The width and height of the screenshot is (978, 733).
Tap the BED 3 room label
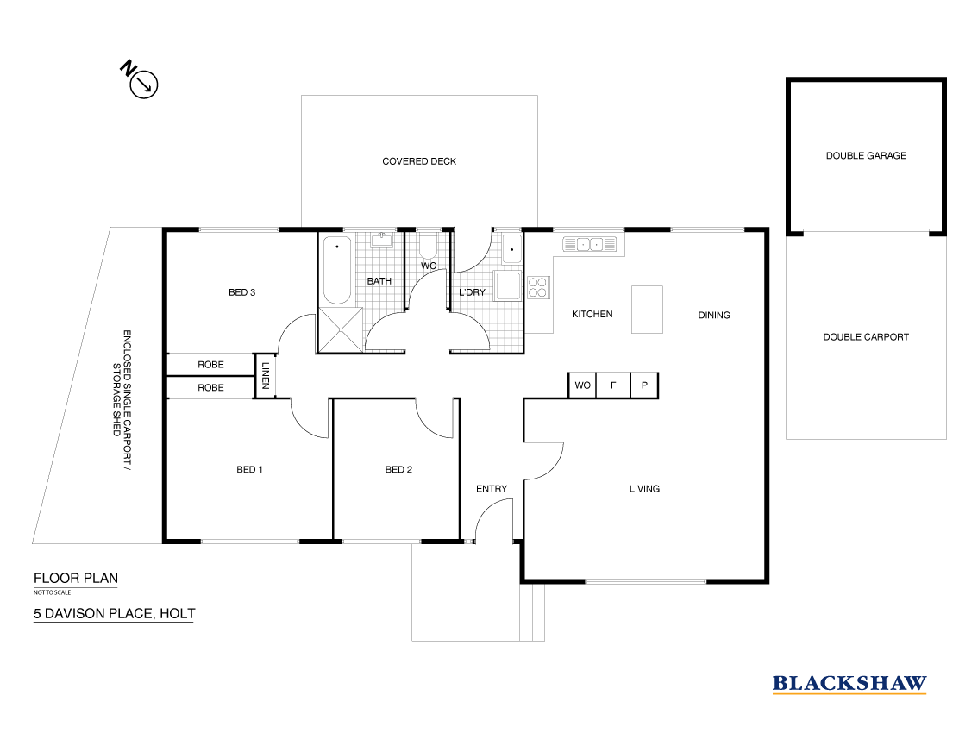coord(241,292)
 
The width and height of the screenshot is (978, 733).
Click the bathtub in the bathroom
coord(335,269)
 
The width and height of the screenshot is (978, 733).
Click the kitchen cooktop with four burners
coord(538,286)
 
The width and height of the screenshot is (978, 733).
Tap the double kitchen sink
coord(591,244)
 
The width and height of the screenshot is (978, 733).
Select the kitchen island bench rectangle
coord(647,310)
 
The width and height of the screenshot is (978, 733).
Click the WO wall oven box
coord(582,385)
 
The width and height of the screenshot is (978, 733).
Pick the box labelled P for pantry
coord(645,385)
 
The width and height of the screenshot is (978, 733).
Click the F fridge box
coord(613,385)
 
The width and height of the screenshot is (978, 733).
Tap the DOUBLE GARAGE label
coord(866,156)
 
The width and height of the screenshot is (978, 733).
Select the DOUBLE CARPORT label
coord(866,337)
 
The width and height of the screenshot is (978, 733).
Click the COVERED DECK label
coord(419,161)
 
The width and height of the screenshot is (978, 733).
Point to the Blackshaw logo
coord(849,683)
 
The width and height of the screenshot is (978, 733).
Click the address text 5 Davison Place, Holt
coord(114,614)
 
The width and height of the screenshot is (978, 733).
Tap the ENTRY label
coord(492,489)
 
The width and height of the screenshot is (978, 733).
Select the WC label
coord(429,266)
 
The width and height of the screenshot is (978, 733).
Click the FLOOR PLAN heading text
coord(75,579)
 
